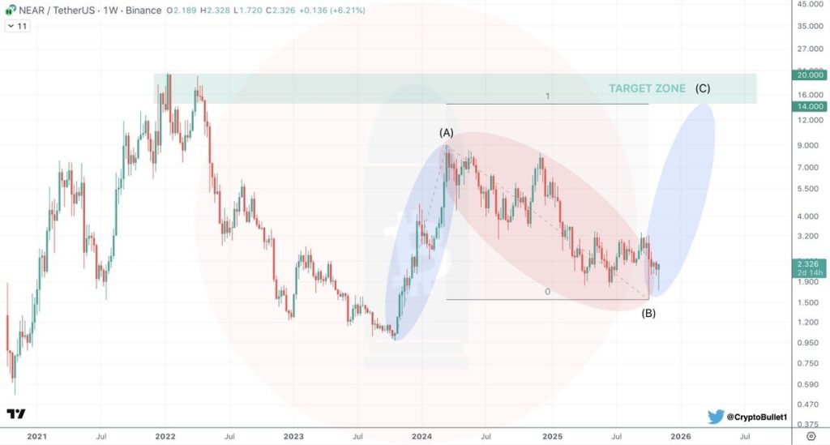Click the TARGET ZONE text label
tap(648, 88)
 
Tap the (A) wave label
tap(447, 132)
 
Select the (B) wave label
tap(648, 313)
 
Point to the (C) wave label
tap(704, 88)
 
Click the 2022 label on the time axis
tap(165, 436)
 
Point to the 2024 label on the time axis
tap(422, 436)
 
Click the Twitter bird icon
tap(715, 417)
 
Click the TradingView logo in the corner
tap(15, 413)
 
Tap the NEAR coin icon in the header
tap(11, 11)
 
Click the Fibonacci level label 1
tap(548, 96)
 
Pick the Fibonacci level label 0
tap(548, 292)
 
